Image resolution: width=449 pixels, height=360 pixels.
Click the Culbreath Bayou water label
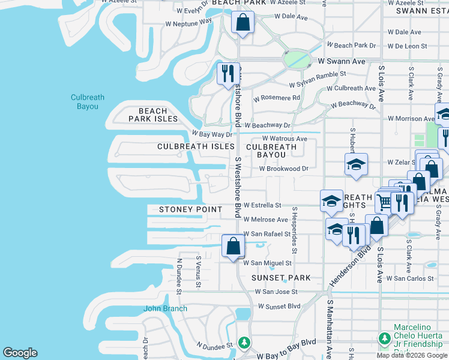87,102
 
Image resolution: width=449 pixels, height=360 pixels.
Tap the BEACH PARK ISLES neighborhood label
153,115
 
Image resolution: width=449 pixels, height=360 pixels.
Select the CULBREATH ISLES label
196,146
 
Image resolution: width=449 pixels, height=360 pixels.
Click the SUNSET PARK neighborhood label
281,278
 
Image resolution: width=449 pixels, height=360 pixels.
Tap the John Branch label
165,309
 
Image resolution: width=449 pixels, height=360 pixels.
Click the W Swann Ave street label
342,61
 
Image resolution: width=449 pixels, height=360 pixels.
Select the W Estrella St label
262,205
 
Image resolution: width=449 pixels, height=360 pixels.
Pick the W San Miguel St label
267,263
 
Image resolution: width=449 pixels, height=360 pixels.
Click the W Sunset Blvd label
279,306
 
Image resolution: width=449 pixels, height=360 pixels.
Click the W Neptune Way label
189,23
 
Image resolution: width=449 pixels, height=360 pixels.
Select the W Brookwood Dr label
283,169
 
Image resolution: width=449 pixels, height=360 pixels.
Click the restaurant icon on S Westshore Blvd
228,74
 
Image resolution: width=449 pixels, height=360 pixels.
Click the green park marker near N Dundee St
244,343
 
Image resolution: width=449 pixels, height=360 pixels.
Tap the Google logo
20,353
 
